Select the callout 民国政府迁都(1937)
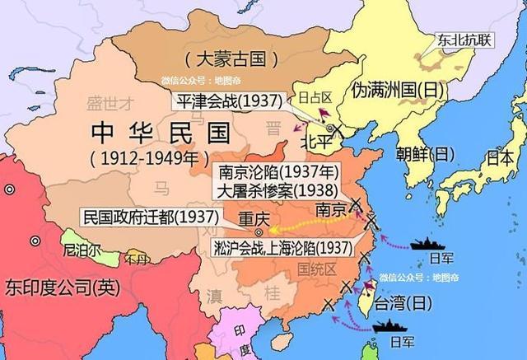point(150,217)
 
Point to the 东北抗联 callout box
point(465,39)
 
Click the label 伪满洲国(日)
point(396,89)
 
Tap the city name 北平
point(319,142)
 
